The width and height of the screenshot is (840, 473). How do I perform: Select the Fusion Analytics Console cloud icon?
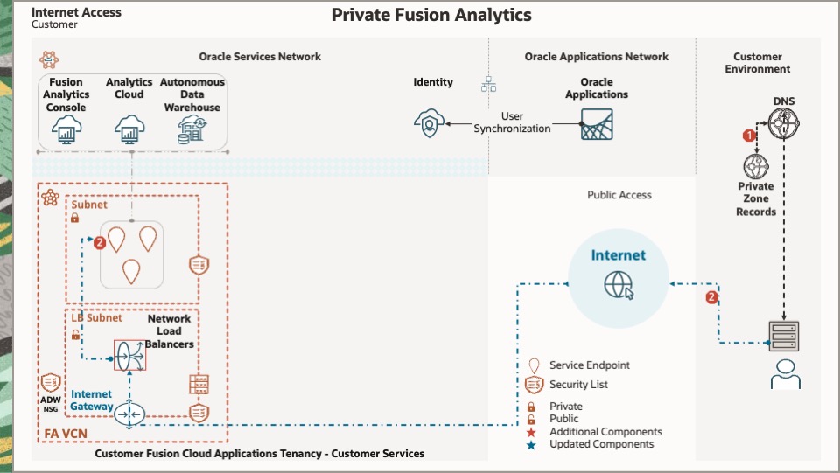[66, 129]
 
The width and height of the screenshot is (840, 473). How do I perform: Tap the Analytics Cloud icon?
[129, 129]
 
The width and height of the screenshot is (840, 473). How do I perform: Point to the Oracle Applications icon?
[597, 124]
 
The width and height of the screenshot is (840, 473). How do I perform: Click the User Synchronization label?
[513, 122]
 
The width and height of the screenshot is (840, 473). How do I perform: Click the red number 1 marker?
[748, 136]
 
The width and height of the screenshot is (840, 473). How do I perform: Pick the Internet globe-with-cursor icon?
[619, 285]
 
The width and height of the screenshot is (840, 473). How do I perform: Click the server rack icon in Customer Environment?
[784, 335]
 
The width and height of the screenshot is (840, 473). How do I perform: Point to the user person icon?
[784, 373]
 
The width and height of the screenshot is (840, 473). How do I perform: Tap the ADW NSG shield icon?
[51, 383]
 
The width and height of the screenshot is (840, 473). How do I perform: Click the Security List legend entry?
[578, 385]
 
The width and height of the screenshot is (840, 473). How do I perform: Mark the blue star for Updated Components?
[531, 444]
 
